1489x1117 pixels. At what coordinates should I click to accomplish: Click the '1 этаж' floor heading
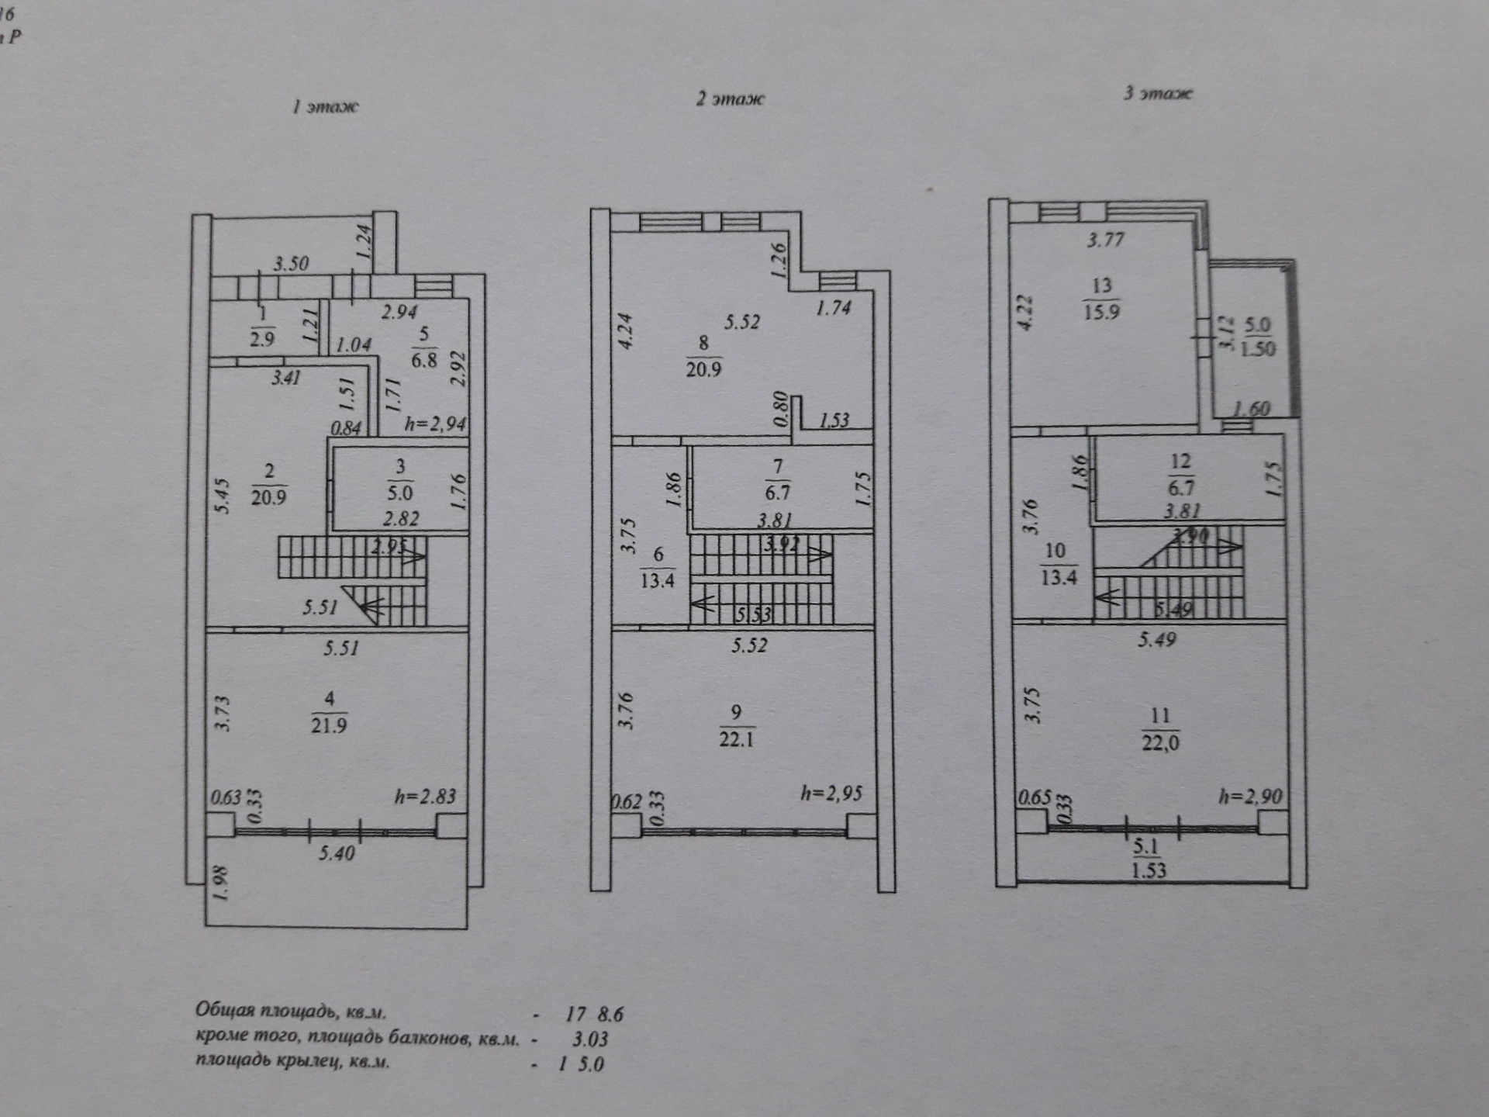[325, 106]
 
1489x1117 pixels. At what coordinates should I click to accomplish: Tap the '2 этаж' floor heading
[730, 99]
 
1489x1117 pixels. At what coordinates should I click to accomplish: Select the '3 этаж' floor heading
[1158, 93]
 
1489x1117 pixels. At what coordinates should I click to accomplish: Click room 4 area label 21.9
[329, 725]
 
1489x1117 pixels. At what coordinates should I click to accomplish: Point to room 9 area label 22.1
[736, 738]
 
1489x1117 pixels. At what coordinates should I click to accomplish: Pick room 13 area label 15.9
[1101, 312]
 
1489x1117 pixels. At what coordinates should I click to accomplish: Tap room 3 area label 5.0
[400, 493]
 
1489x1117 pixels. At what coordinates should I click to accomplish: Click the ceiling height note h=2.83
[425, 796]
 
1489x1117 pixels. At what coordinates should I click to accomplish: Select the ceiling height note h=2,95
[831, 793]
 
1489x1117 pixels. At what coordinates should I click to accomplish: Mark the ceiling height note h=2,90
[1250, 796]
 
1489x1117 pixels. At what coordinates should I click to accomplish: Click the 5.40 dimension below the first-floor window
[337, 853]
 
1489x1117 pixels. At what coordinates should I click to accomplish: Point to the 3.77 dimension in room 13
[1105, 240]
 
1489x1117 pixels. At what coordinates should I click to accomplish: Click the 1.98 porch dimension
[221, 884]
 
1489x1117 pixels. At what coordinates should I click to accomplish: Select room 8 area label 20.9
[703, 368]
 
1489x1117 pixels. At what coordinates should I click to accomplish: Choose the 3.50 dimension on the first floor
[291, 264]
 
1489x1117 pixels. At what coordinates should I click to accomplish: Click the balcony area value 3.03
[589, 1039]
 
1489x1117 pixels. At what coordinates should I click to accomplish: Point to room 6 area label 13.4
[658, 579]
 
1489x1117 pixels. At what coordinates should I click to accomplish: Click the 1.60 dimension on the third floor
[1251, 409]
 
